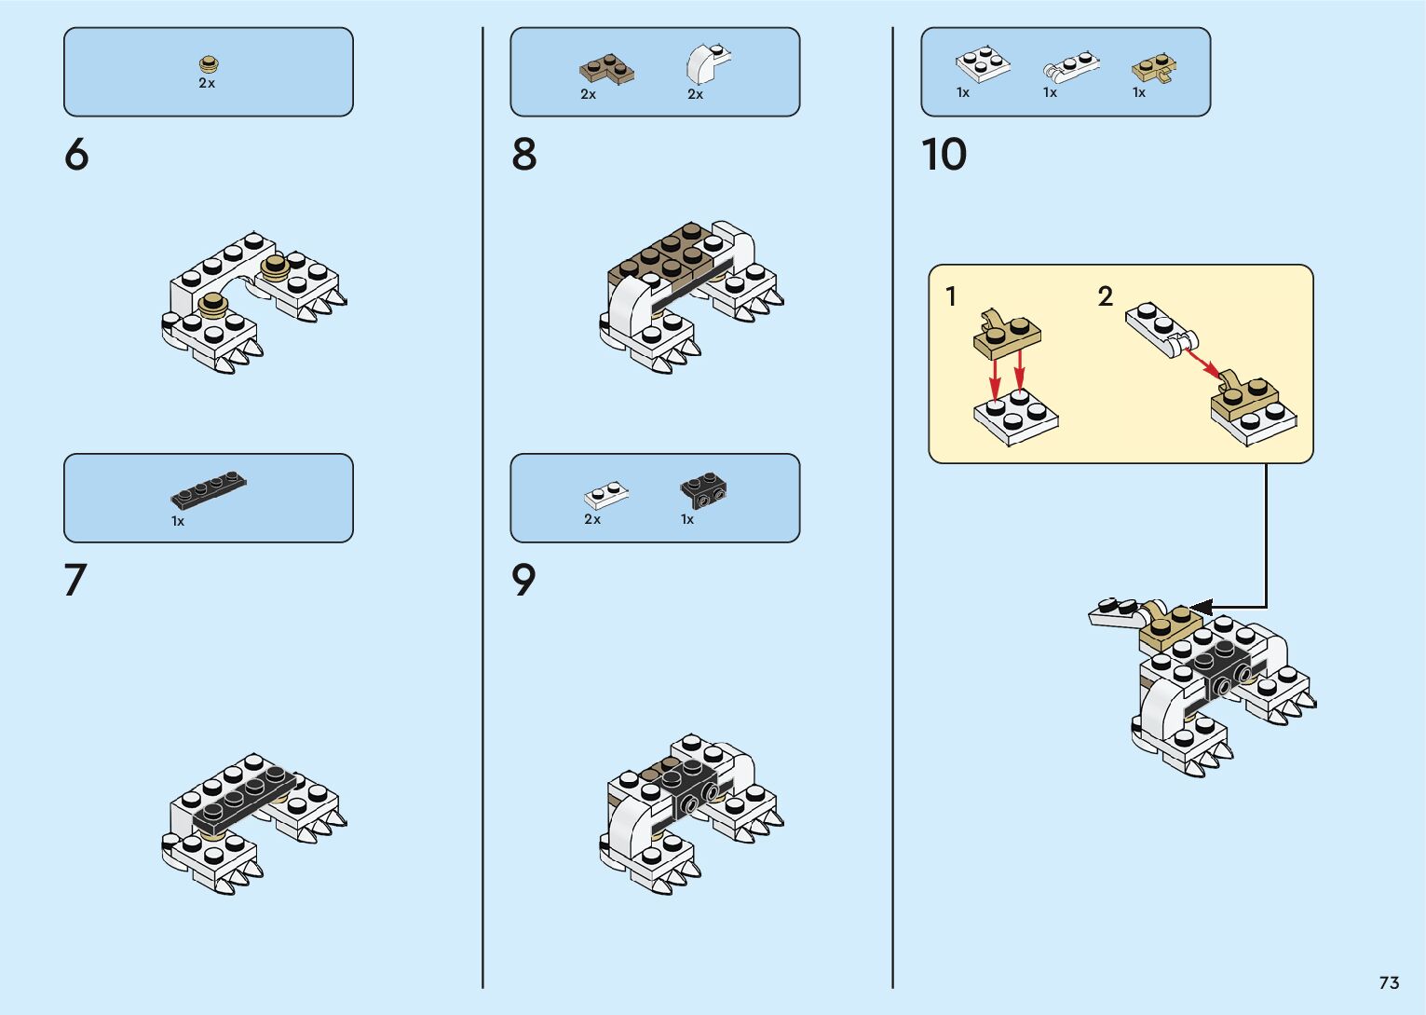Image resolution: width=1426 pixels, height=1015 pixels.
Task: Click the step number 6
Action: click(76, 155)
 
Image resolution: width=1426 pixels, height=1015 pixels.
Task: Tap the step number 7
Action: click(75, 580)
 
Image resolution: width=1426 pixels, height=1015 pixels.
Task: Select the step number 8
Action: click(524, 155)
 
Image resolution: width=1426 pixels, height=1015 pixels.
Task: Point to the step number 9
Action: click(524, 580)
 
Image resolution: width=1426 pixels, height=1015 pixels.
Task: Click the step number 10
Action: click(944, 155)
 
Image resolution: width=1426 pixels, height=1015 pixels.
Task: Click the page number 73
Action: click(1389, 982)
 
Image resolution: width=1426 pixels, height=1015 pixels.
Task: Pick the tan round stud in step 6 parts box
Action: click(210, 64)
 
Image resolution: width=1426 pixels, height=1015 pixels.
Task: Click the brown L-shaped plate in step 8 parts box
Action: click(606, 69)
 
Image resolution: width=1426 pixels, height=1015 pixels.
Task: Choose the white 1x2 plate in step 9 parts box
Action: click(605, 494)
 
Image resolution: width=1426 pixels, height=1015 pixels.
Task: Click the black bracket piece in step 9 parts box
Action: click(703, 489)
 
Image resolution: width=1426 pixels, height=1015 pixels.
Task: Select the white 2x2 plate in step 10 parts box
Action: click(982, 64)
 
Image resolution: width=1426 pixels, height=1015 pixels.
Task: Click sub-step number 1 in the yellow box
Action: click(951, 296)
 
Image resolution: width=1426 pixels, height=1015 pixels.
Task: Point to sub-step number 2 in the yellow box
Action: click(1106, 296)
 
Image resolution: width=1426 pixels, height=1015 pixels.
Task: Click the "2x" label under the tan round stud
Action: click(207, 83)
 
